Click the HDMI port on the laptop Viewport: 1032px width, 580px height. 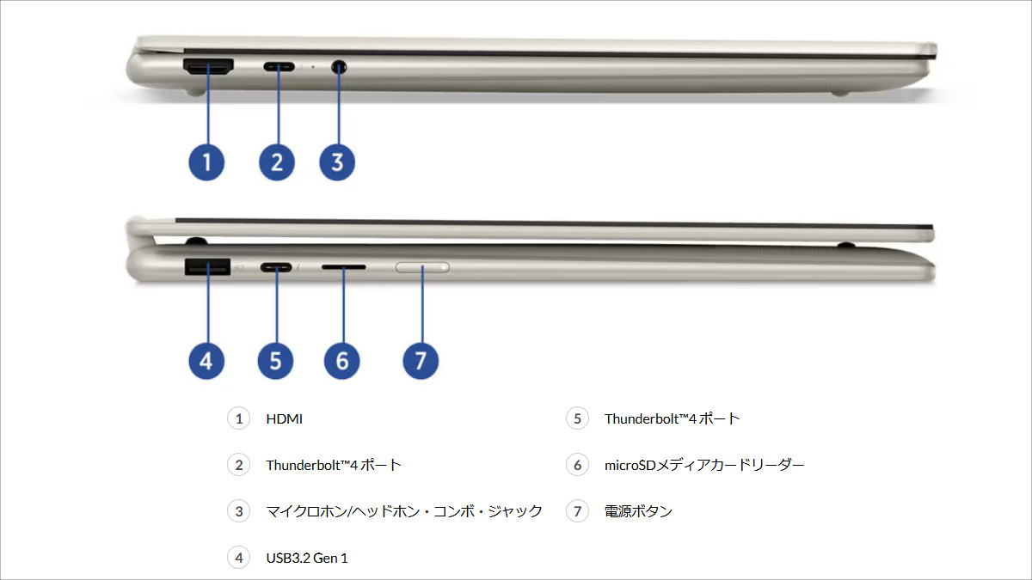207,67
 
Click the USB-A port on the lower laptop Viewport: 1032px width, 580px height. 206,267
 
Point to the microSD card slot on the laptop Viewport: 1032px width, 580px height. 343,267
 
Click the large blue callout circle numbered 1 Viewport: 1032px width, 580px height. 206,162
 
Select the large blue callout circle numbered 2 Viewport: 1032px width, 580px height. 277,162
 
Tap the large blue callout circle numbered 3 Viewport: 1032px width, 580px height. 337,162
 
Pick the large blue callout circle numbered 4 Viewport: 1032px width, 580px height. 206,361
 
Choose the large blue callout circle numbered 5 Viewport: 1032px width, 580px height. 275,361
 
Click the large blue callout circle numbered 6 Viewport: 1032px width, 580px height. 342,361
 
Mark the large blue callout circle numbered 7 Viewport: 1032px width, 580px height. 421,361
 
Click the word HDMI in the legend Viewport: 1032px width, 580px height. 284,419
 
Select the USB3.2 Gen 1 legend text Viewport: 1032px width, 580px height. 307,558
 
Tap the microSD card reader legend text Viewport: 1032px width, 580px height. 704,466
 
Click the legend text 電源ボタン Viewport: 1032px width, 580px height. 638,511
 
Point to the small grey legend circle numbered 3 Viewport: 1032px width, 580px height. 238,511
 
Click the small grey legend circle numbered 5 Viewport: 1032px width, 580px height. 577,419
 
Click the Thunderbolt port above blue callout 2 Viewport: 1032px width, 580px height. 279,66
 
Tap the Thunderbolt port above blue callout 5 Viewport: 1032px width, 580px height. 276,267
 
